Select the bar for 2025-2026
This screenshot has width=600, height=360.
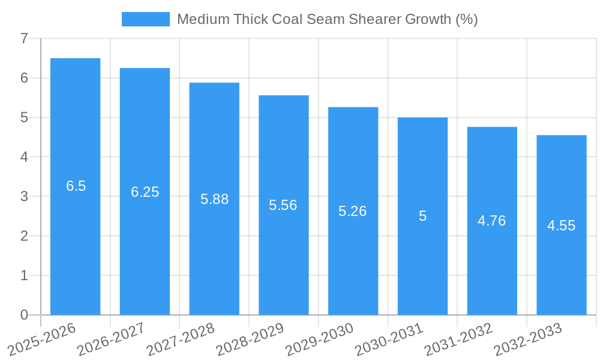click(75, 186)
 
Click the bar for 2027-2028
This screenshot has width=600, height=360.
click(214, 199)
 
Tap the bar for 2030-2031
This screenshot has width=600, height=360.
click(422, 216)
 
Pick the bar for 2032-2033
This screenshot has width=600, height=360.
click(562, 225)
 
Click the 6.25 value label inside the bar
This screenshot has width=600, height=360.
click(145, 192)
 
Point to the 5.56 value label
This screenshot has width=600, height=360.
click(283, 205)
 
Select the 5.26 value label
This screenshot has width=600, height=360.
click(353, 211)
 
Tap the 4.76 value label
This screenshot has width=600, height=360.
click(491, 221)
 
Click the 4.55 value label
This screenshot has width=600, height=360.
click(561, 226)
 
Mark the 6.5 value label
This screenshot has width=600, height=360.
click(76, 186)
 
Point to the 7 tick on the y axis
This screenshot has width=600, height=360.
click(24, 38)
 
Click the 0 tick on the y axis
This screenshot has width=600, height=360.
click(24, 315)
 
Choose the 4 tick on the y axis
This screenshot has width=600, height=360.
click(24, 157)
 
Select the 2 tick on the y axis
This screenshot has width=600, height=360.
click(24, 236)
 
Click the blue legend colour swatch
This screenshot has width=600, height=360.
click(145, 19)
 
